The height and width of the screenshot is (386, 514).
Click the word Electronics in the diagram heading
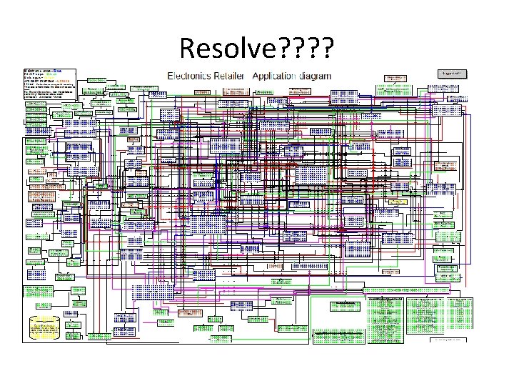[x=188, y=75]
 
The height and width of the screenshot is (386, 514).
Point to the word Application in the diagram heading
[x=275, y=75]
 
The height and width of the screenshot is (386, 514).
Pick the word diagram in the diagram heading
[x=316, y=75]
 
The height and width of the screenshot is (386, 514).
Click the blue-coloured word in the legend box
[x=56, y=71]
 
